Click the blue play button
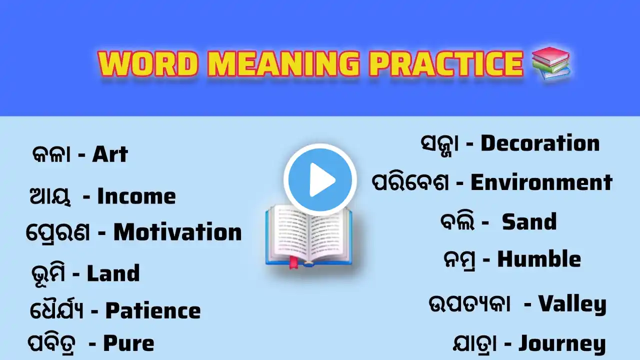pyautogui.click(x=320, y=179)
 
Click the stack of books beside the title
pyautogui.click(x=550, y=63)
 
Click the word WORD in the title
pyautogui.click(x=148, y=63)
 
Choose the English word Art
pyautogui.click(x=110, y=155)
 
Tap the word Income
pyautogui.click(x=136, y=196)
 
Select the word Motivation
pyautogui.click(x=177, y=232)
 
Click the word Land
pyautogui.click(x=113, y=273)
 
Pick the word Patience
pyautogui.click(x=153, y=311)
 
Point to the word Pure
pyautogui.click(x=128, y=343)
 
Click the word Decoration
pyautogui.click(x=540, y=143)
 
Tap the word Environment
pyautogui.click(x=541, y=182)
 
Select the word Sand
pyautogui.click(x=529, y=221)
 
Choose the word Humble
pyautogui.click(x=539, y=259)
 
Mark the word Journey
pyautogui.click(x=561, y=343)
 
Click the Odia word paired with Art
pyautogui.click(x=51, y=155)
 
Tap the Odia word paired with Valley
pyautogui.click(x=469, y=304)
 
